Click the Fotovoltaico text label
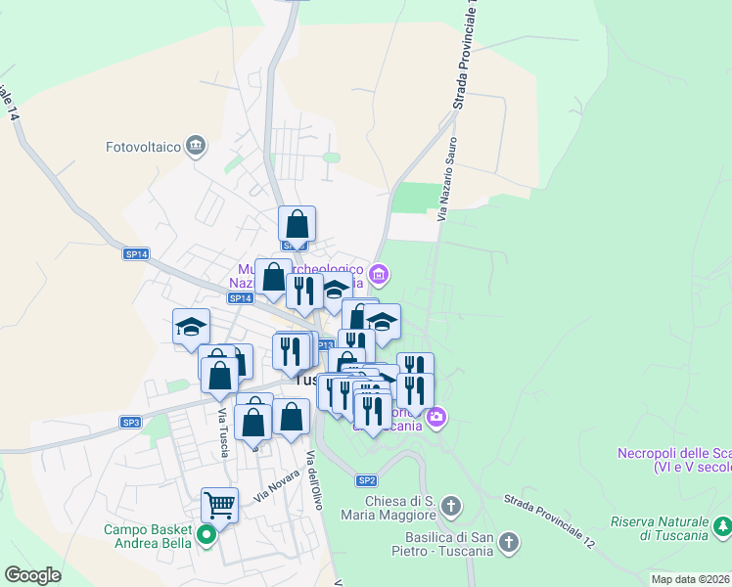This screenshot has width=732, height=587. click(x=144, y=148)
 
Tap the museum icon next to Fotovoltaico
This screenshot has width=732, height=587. click(x=197, y=146)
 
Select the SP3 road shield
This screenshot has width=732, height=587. click(x=131, y=423)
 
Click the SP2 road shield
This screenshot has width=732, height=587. click(x=366, y=480)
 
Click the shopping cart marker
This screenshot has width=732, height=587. click(x=220, y=506)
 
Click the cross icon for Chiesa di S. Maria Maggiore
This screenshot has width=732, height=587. click(x=450, y=506)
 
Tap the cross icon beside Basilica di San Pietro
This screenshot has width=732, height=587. click(x=509, y=541)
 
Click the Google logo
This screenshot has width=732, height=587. click(x=32, y=575)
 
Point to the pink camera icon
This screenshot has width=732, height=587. click(x=436, y=417)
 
